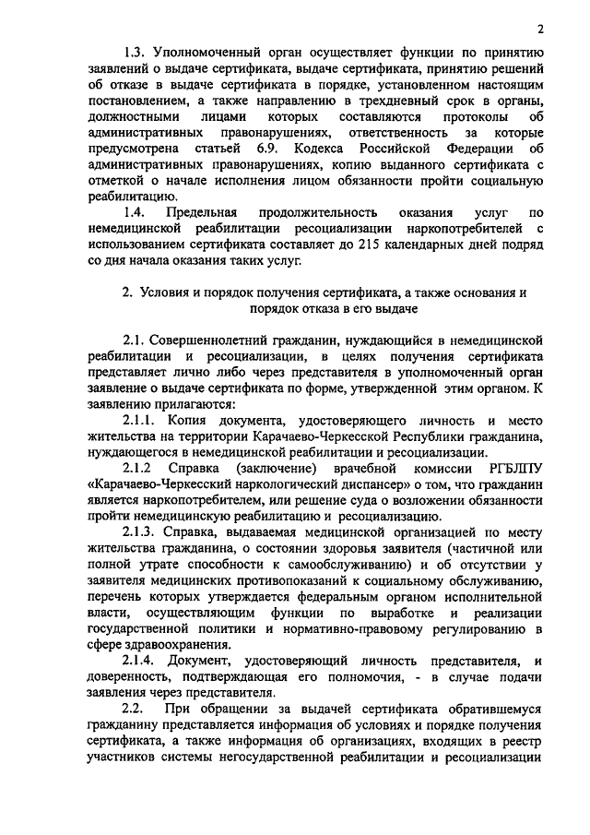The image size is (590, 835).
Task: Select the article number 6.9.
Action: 265,149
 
